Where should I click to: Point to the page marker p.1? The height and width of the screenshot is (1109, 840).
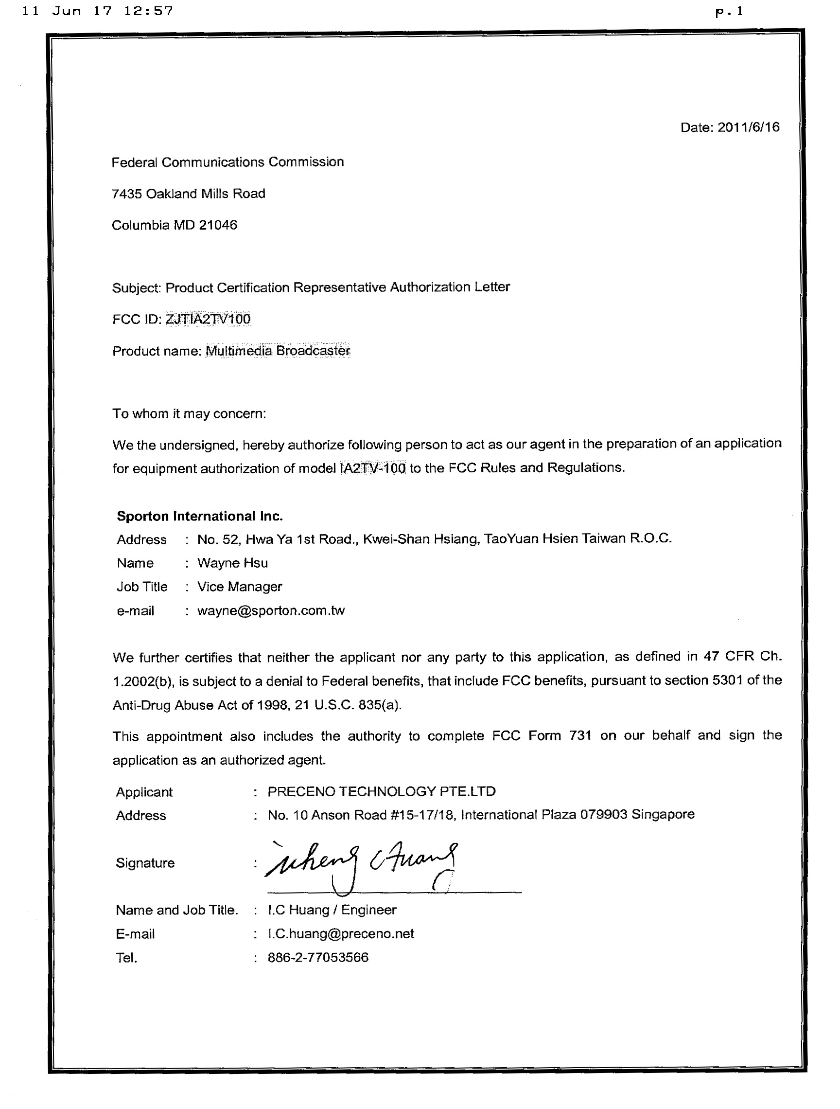729,12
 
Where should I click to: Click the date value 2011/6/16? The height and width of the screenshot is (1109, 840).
748,127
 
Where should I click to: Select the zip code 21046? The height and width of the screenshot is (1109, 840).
218,225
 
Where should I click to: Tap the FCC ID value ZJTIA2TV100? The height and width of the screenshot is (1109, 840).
208,319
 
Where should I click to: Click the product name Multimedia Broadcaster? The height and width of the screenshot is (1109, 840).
278,350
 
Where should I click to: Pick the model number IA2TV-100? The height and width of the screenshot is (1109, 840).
372,468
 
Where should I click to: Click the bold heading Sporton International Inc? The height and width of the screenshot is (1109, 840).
199,516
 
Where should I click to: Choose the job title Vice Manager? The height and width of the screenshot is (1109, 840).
240,587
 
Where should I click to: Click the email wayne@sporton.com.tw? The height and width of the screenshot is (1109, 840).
271,610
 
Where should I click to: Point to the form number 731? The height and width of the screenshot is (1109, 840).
580,735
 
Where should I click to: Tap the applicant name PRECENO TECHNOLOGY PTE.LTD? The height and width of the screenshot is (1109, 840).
382,792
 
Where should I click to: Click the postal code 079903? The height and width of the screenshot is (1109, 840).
603,815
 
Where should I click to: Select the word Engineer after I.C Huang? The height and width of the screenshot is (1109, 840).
369,910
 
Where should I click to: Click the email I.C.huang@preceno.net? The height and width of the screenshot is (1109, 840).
341,933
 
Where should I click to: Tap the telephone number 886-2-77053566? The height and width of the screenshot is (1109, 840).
318,958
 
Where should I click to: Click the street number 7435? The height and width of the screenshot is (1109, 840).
127,194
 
